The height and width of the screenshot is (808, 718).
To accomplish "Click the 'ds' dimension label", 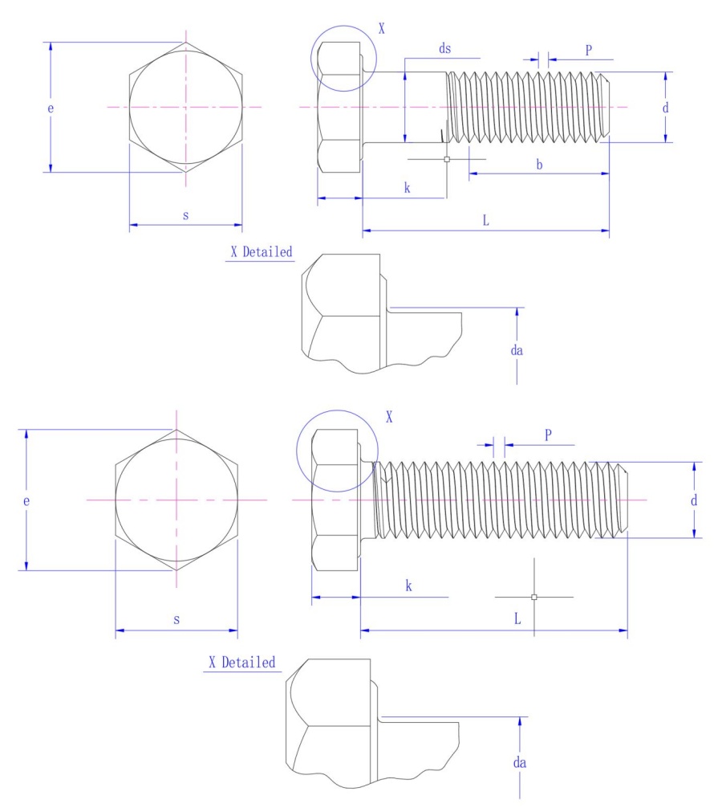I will pos(444,49).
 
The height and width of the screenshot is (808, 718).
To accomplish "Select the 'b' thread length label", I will pos(539,165).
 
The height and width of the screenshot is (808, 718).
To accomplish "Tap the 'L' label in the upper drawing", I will pos(486,221).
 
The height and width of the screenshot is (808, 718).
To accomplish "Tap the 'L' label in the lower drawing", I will pos(517,619).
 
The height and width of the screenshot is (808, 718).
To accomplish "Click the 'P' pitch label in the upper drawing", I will pos(588,50).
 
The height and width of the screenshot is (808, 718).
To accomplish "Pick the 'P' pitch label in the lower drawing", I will pos(548,435).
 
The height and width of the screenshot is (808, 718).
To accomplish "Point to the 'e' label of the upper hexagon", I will pos(50,108).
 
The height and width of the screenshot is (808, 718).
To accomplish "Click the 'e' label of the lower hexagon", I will pos(26,500).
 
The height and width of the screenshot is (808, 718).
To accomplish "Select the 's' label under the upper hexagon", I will pos(185,216).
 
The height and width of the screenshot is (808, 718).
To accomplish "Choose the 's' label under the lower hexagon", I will pos(176,619).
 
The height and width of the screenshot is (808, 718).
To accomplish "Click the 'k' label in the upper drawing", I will pos(407,188).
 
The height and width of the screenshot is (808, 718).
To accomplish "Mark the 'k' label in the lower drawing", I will pos(408,587).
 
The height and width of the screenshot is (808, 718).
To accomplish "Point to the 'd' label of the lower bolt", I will pos(694,500).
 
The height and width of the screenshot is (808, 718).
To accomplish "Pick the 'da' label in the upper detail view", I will pos(517,350).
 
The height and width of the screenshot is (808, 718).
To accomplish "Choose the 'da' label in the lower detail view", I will pos(520,762).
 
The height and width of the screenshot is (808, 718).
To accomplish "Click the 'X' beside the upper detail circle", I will pos(382,29).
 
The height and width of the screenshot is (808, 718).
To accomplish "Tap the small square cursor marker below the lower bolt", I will pos(534,597).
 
